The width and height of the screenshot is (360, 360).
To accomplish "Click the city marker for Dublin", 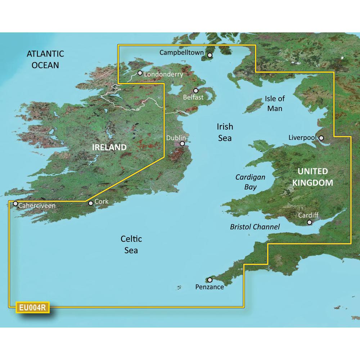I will pyautogui.click(x=182, y=143).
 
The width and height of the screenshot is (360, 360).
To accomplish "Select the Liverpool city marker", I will pyautogui.click(x=321, y=138).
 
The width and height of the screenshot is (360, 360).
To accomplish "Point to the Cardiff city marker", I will pyautogui.click(x=309, y=222).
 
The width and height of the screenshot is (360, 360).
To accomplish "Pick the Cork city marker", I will pyautogui.click(x=91, y=203).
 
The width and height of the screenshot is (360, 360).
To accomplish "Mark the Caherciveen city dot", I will pyautogui.click(x=15, y=204).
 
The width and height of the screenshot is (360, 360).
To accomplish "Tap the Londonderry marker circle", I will pyautogui.click(x=140, y=73).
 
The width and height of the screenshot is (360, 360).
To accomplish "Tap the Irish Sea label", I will pyautogui.click(x=225, y=132).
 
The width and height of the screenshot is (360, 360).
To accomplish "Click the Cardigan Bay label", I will pyautogui.click(x=250, y=182).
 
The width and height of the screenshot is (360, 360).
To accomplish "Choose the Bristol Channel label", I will pyautogui.click(x=255, y=227).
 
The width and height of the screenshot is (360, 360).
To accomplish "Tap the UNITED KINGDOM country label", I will pyautogui.click(x=312, y=177).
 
